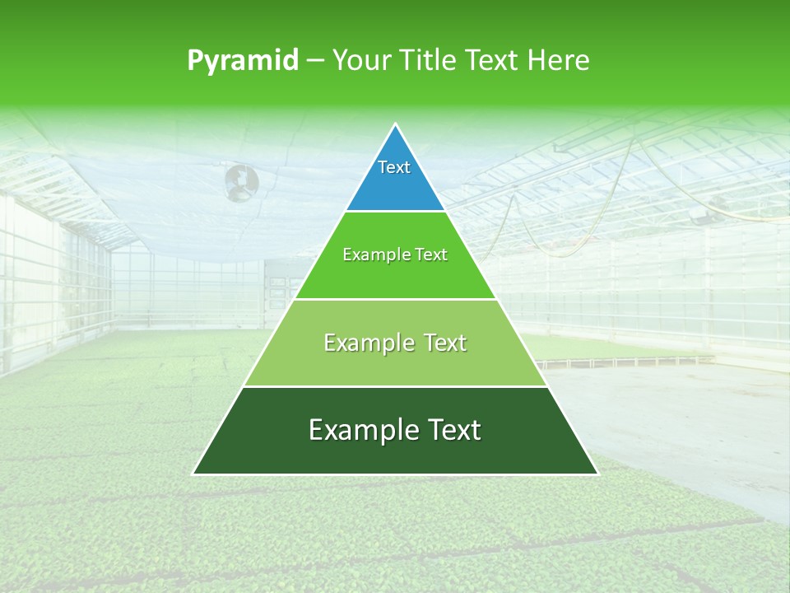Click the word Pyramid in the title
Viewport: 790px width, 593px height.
[x=243, y=61]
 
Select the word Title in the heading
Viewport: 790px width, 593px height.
[x=429, y=61]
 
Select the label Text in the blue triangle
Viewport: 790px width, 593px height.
[x=394, y=167]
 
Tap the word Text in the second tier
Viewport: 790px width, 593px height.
[x=430, y=255]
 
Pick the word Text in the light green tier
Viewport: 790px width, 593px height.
[x=442, y=343]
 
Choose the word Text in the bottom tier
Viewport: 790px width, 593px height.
[x=451, y=430]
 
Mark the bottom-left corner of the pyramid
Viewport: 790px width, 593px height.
[x=193, y=474]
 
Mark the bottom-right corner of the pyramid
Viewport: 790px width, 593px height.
[x=597, y=474]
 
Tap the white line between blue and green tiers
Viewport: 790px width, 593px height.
[x=395, y=212]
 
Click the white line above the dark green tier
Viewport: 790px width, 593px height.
[x=395, y=386]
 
